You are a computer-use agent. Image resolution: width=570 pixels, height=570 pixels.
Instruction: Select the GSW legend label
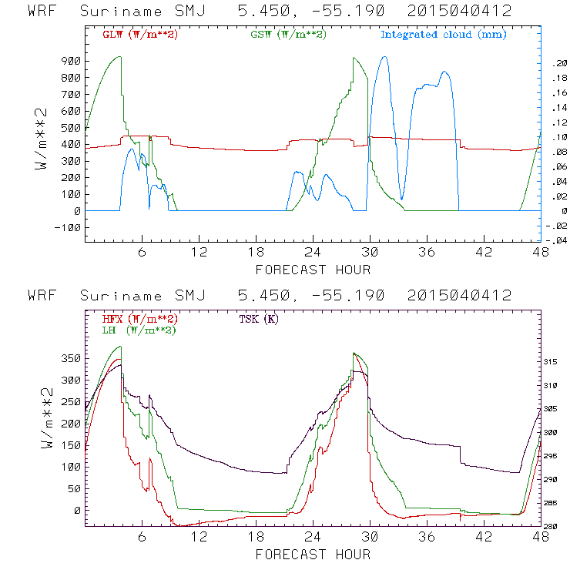pos(287,35)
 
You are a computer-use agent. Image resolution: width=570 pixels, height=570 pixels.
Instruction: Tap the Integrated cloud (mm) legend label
pos(444,35)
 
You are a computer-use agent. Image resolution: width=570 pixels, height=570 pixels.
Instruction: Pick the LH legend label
pos(139,330)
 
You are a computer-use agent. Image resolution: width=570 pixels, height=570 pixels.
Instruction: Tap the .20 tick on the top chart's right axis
pos(556,65)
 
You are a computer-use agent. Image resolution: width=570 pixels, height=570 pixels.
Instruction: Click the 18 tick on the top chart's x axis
pos(256,252)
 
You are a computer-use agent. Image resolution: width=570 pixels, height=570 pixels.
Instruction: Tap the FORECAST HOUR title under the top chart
pos(313,269)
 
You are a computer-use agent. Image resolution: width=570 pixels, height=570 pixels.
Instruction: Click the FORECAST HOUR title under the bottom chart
pos(313,554)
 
